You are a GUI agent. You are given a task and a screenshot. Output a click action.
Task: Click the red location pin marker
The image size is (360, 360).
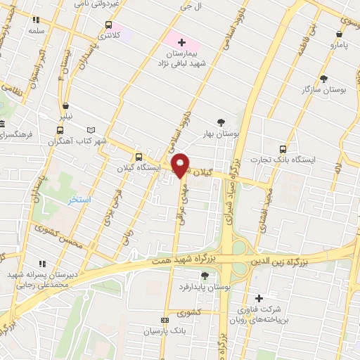pyautogui.click(x=181, y=165)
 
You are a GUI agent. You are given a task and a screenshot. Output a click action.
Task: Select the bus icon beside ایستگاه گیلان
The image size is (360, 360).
pyautogui.click(x=138, y=157)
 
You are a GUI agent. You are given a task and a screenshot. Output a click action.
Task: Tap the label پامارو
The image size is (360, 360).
pyautogui.click(x=340, y=45)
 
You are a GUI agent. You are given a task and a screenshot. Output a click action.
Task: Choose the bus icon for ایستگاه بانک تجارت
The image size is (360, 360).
pyautogui.click(x=283, y=149)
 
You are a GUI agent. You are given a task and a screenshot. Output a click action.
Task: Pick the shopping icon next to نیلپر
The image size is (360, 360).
pyautogui.click(x=65, y=105)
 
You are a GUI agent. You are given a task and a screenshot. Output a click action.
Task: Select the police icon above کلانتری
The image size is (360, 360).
pyautogui.click(x=107, y=24)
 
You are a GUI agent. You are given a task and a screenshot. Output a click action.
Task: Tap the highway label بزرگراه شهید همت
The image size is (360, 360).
pyautogui.click(x=184, y=260)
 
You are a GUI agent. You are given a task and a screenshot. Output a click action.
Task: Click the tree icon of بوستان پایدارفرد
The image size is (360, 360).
pyautogui.click(x=205, y=276)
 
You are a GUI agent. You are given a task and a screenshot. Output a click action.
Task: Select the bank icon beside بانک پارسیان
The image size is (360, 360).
pyautogui.click(x=166, y=320)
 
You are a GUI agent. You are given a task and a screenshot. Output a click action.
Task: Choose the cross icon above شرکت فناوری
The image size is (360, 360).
pyautogui.click(x=259, y=298)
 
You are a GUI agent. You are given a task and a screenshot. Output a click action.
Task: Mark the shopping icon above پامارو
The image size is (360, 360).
pyautogui.click(x=340, y=34)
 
